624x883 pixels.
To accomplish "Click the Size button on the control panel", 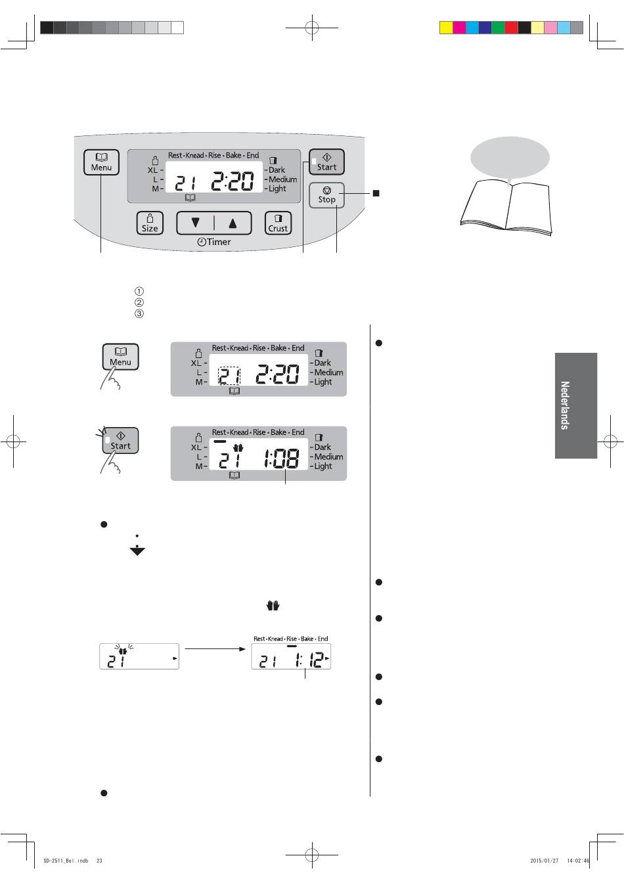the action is pos(150,223).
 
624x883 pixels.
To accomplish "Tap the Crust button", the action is pos(278,223).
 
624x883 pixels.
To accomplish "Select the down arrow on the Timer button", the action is pos(195,223).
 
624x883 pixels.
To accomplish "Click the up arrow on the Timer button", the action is pos(233,223).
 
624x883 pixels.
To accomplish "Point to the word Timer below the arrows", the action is pos(219,242).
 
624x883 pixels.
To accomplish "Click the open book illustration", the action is pos(506,207).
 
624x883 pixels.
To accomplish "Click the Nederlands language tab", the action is pos(576,405).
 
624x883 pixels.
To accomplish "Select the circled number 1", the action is pos(139,291).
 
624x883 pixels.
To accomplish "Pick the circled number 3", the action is pos(139,314).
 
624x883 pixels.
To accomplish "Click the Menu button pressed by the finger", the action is pos(120,357).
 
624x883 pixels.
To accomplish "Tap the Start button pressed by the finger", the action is pos(120,441).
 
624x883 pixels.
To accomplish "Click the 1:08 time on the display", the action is pos(281,459).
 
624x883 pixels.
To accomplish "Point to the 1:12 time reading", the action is pos(310,660).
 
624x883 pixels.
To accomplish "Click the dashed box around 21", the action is pos(229,376).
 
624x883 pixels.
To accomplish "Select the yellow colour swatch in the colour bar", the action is pos(446,28).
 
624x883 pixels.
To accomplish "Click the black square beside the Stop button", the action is pos(376,193).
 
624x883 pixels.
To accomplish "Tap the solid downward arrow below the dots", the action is pos(137,551).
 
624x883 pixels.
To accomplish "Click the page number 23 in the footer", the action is pos(99,861).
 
